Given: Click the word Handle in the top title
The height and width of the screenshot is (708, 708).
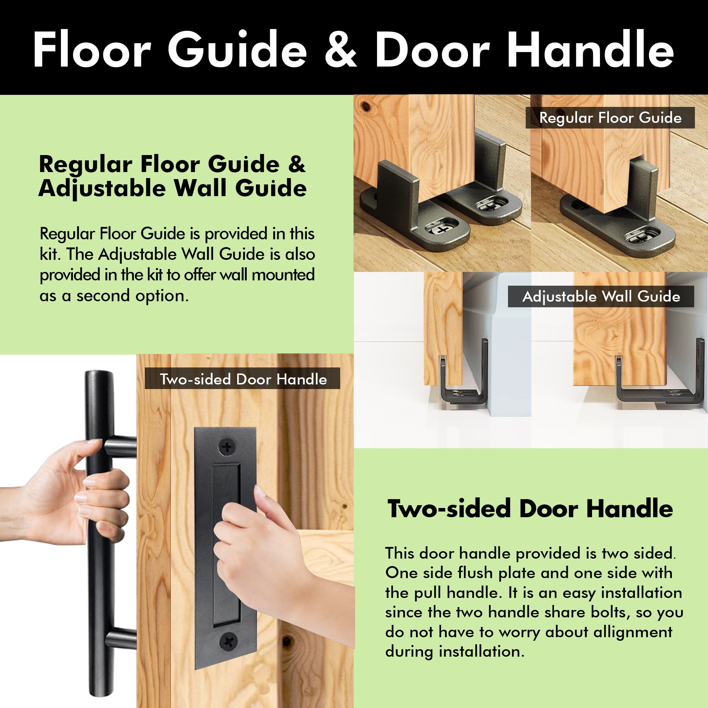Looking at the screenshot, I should click(x=590, y=50).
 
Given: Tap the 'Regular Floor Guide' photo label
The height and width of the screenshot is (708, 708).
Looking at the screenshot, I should click(x=610, y=118).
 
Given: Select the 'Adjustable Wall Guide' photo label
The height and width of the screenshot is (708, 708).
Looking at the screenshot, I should click(x=601, y=296).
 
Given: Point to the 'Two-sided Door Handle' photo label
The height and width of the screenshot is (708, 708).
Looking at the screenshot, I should click(x=243, y=379).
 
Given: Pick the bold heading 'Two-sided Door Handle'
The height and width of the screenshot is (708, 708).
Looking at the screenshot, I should click(x=530, y=509).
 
